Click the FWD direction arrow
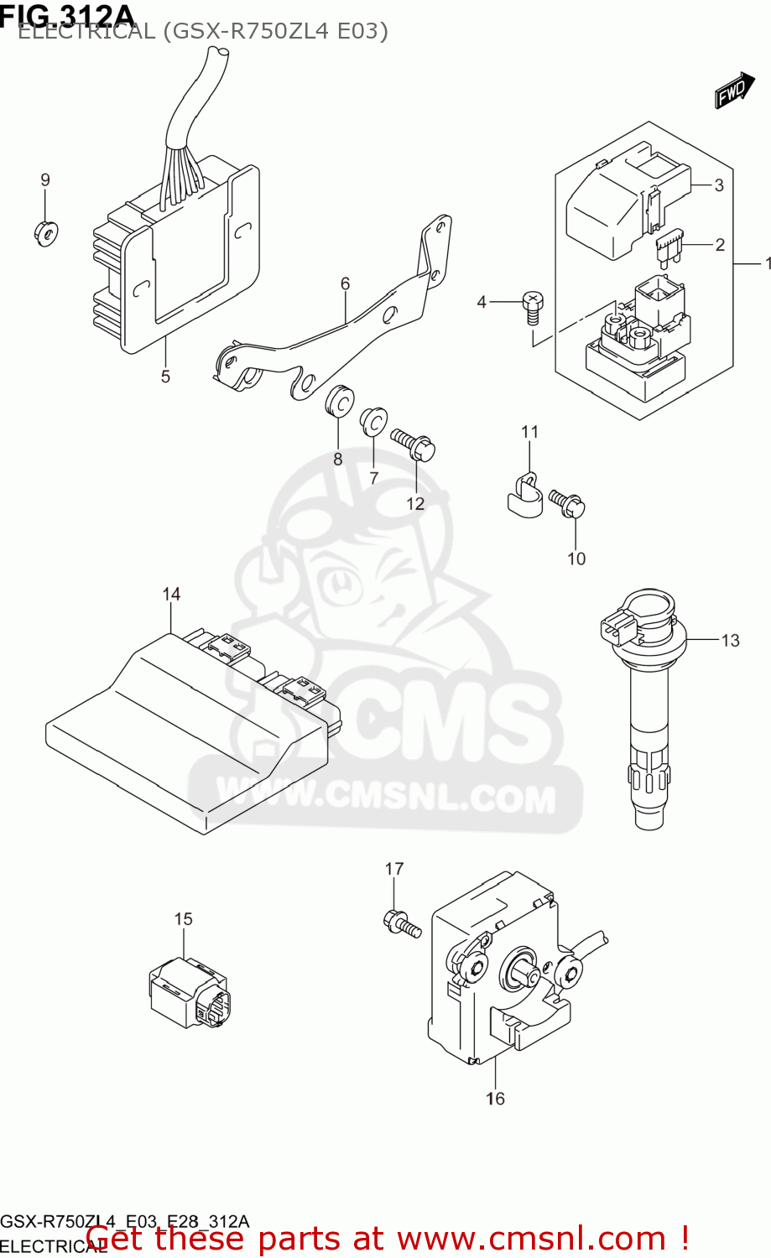[x=734, y=91]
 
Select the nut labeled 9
[x=45, y=231]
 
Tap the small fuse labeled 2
[x=669, y=249]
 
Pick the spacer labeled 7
[x=372, y=422]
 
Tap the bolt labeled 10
[x=568, y=503]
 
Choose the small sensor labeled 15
[x=189, y=992]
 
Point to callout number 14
[x=171, y=595]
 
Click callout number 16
[x=495, y=1099]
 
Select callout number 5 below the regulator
[x=165, y=377]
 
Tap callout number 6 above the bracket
[x=345, y=284]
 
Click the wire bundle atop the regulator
[x=191, y=126]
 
